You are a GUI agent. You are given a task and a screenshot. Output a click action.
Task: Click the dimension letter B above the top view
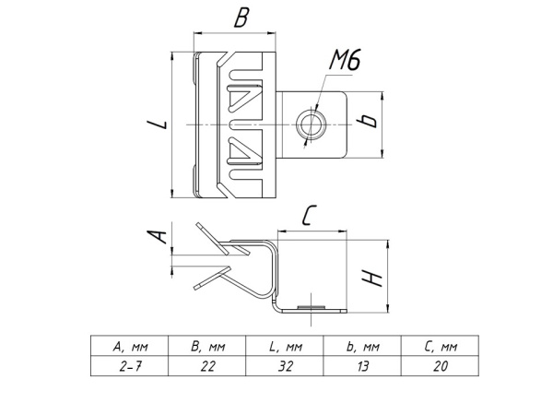(241, 19)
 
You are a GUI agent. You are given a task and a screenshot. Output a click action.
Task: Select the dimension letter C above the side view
(310, 218)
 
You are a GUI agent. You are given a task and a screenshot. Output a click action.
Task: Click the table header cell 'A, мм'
(129, 348)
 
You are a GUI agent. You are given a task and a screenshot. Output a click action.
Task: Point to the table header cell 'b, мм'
(361, 348)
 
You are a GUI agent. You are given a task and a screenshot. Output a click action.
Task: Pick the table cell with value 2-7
(129, 366)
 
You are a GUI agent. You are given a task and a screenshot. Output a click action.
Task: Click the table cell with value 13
(361, 366)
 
